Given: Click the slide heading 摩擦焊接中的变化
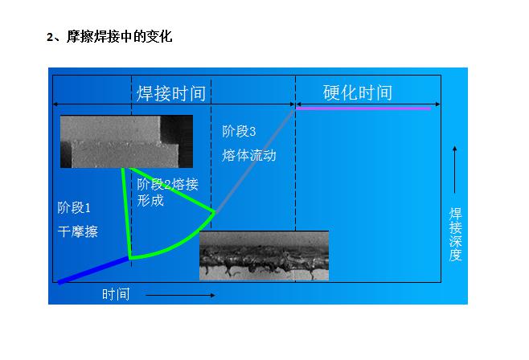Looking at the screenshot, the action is (x=120, y=36).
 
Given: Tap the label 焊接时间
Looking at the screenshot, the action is (x=171, y=93).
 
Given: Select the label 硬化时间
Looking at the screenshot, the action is (x=358, y=92).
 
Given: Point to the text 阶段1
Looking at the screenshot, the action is (x=74, y=207).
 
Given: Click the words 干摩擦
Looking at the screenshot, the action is (x=78, y=231).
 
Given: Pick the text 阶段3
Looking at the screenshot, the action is (x=239, y=132).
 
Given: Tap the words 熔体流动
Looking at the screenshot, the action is (x=249, y=155).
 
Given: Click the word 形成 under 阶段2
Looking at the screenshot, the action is (x=150, y=201).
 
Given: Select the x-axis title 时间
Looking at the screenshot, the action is (x=116, y=294).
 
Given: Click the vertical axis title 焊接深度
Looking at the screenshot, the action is (x=455, y=235).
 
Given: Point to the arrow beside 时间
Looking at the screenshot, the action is (x=180, y=295).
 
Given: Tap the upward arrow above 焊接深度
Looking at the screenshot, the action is (x=455, y=170).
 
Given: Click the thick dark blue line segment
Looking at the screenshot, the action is (x=94, y=270).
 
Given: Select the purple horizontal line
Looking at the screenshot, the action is (x=363, y=108).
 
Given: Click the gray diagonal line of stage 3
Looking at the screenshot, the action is (x=254, y=162).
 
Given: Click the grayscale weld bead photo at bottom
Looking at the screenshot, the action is (x=264, y=256).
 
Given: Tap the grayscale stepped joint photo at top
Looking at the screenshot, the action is (x=126, y=141).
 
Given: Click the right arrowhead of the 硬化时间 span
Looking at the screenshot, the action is (x=438, y=104).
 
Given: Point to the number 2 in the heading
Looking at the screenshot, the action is (x=50, y=37).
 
